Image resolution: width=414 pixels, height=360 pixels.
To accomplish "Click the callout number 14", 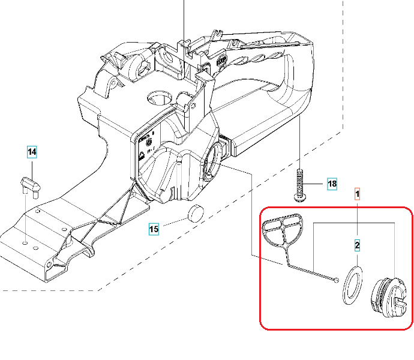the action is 32,152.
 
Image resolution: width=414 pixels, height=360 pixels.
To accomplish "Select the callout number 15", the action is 154,229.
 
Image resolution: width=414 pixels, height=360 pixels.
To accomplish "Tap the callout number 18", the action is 332,184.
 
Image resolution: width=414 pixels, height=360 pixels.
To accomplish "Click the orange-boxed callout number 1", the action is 357,194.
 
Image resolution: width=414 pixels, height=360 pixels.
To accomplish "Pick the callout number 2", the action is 357,245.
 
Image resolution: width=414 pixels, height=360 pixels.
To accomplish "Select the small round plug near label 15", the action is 196,213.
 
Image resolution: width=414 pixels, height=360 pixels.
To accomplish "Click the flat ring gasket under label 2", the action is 352,286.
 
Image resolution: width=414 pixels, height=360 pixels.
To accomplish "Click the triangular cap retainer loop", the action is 283,230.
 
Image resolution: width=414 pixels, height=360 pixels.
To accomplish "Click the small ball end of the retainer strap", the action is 336,280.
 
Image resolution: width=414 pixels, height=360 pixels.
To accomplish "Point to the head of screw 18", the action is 299,197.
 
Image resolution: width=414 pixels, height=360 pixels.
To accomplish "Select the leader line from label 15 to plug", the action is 176,222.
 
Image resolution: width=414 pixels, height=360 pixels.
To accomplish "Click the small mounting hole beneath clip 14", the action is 25,242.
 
